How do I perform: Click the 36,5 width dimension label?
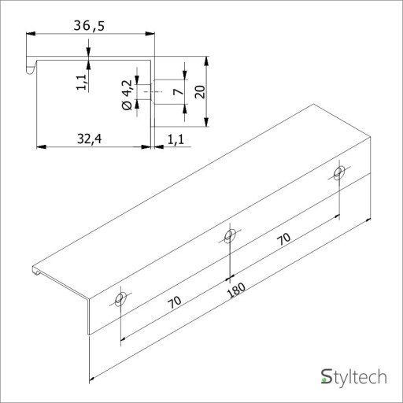[x=89, y=26]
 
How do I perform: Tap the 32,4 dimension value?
[x=89, y=139]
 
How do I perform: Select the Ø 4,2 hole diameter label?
[x=127, y=95]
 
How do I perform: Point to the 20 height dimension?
[x=200, y=92]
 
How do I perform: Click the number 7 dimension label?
[x=179, y=91]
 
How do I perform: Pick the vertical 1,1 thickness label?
[x=81, y=82]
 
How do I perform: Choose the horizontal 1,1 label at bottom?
[x=176, y=139]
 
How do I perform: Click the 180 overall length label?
[x=236, y=290]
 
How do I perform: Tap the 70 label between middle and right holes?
[x=284, y=238]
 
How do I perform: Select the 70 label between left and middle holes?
[x=175, y=302]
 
